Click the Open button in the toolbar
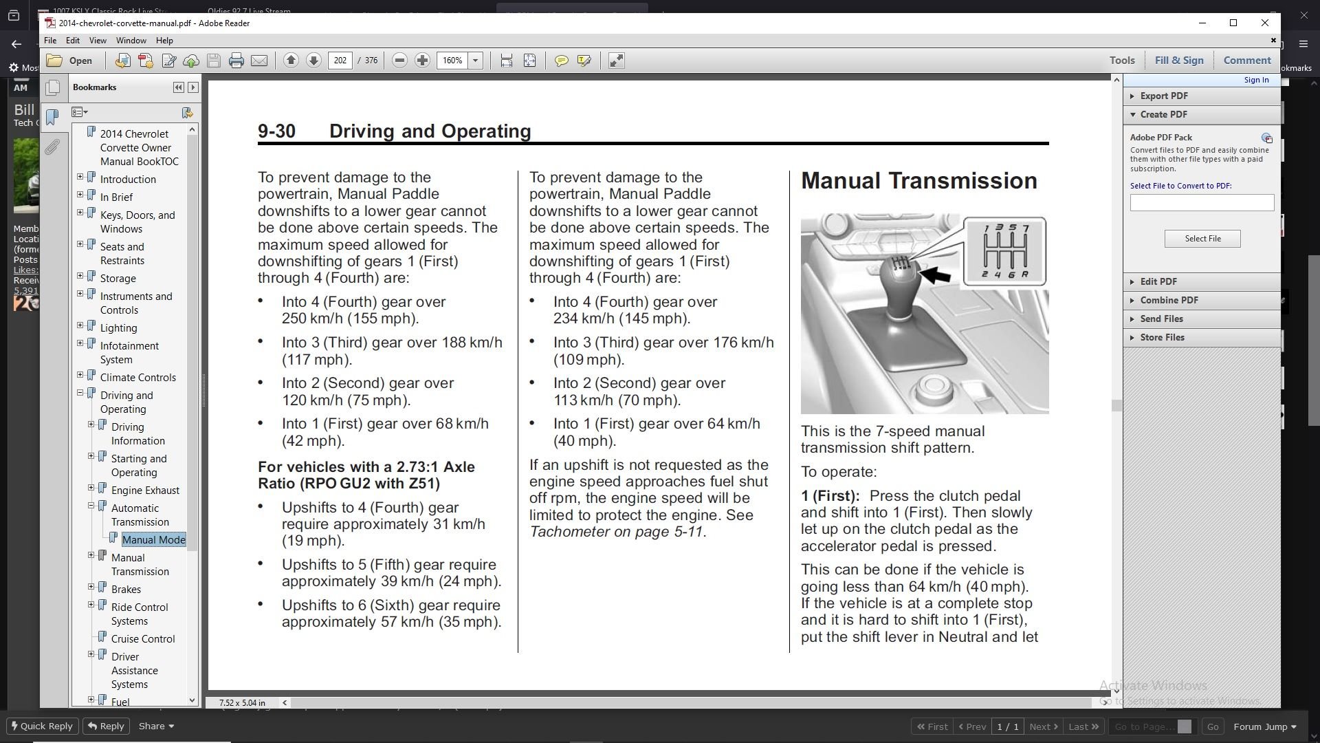pos(69,61)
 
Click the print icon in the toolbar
pos(236,61)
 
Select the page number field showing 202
pos(340,61)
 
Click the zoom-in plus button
pos(422,61)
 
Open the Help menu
pos(164,41)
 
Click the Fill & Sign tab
pos(1179,61)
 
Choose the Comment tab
pos(1247,61)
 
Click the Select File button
pos(1202,239)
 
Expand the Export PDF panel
pos(1163,96)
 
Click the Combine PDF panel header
pos(1169,301)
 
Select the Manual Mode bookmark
pos(154,540)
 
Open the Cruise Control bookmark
pos(143,639)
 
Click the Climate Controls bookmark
pos(138,378)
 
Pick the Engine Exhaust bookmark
pos(145,491)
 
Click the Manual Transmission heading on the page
pos(919,181)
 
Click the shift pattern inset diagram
pos(1004,251)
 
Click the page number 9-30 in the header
pos(276,131)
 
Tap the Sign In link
pos(1256,80)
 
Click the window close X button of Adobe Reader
pos(1264,23)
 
